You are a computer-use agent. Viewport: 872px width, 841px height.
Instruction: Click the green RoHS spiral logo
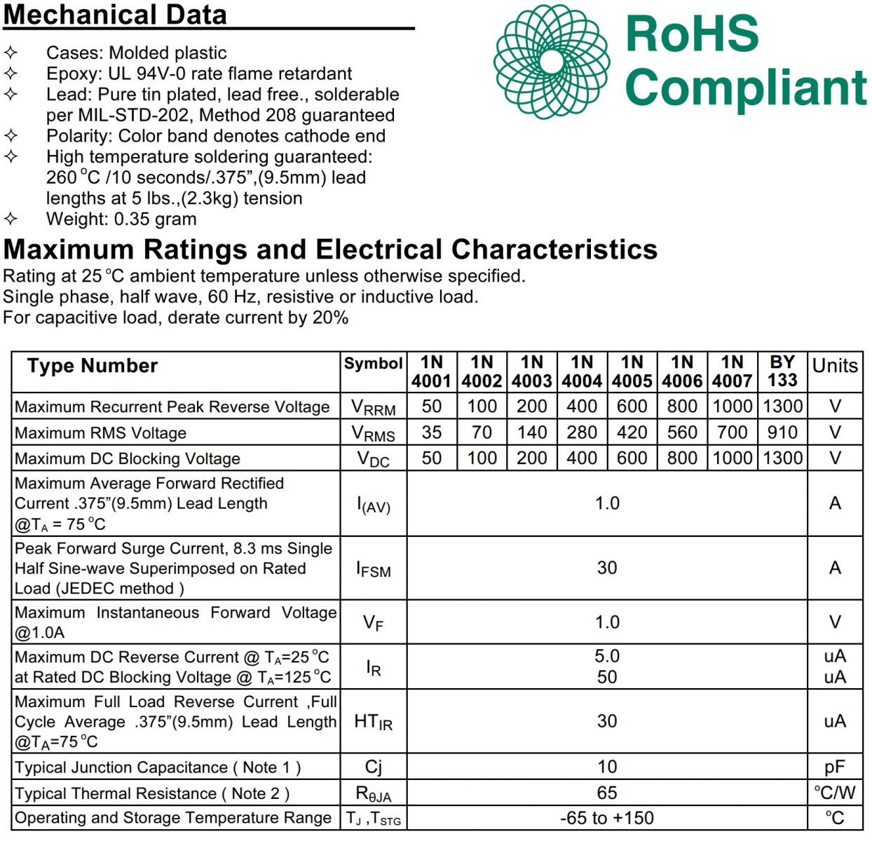551,62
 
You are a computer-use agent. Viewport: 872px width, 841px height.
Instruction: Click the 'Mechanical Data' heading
115,15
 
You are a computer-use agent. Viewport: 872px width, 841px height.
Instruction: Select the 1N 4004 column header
582,371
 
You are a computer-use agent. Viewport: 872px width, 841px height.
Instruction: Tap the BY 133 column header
782,371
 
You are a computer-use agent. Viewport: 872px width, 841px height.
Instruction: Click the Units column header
835,366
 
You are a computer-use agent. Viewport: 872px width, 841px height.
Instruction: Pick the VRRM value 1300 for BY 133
782,406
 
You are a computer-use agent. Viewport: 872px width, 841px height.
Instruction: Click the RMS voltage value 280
582,432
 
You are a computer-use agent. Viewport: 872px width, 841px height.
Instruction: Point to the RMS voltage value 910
782,432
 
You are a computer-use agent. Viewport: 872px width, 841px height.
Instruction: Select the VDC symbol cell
373,459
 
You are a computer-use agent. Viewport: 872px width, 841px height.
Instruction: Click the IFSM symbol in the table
373,569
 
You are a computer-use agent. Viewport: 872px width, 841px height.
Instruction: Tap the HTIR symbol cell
373,722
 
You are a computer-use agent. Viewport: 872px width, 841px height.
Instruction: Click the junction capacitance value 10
607,767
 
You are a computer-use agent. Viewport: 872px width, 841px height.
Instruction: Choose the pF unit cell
835,767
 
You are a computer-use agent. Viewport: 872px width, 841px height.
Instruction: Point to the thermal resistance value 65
607,793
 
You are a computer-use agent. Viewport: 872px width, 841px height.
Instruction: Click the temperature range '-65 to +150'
607,818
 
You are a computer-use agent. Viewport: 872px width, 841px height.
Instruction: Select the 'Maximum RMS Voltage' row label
101,433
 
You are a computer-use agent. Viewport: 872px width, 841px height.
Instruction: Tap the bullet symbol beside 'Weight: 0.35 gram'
11,219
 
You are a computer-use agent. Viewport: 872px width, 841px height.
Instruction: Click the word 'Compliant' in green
746,88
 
